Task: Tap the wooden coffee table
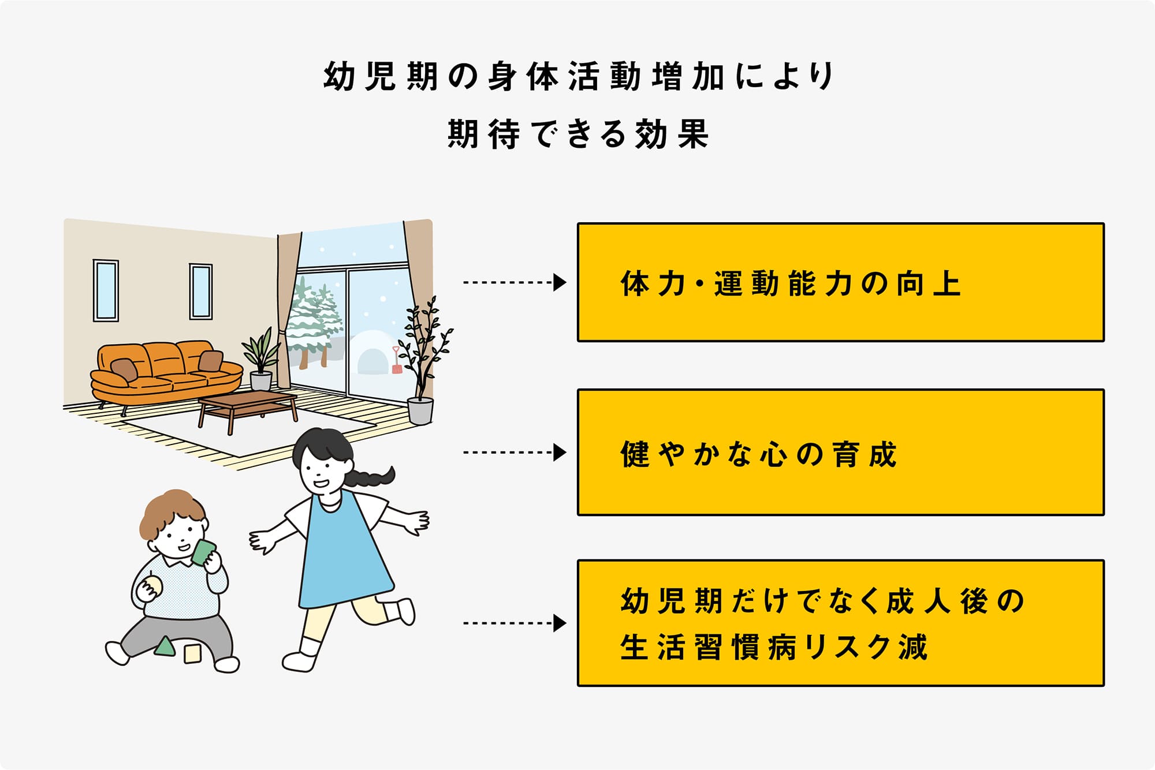(248, 404)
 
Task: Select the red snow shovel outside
(397, 360)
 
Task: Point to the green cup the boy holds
(203, 552)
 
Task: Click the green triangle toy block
(165, 646)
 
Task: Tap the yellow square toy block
(192, 654)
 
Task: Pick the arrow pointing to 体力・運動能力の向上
(514, 283)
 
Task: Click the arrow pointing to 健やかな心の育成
(514, 453)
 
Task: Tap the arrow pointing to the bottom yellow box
(514, 623)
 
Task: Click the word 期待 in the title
(484, 134)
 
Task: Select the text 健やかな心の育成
(758, 454)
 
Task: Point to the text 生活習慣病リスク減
(774, 647)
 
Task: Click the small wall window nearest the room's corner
(200, 291)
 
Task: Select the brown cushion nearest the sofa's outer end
(124, 369)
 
